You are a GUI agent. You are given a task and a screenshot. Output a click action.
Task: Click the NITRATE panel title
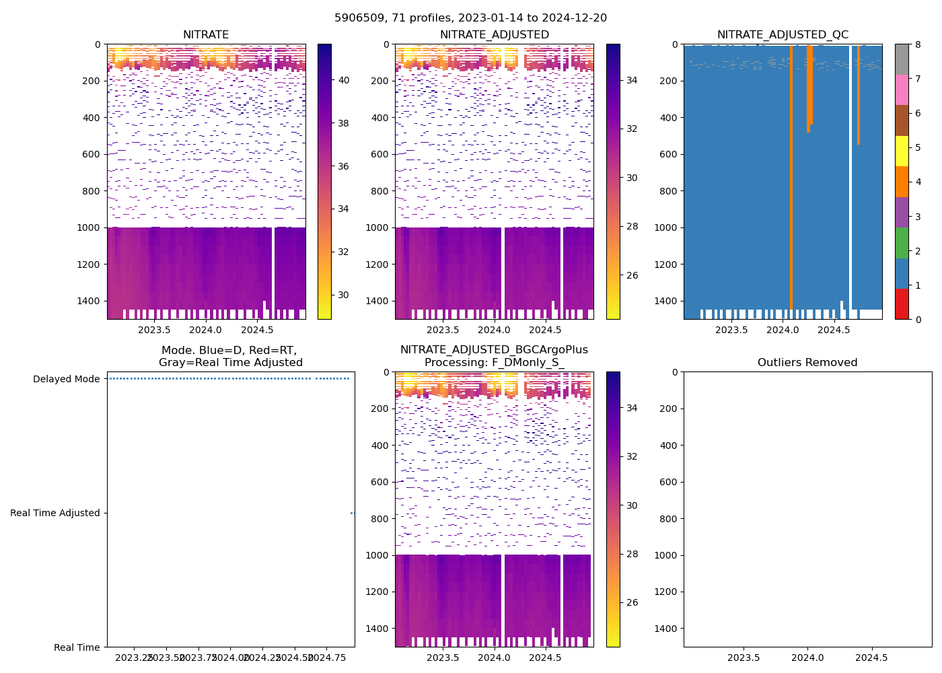pyautogui.click(x=206, y=35)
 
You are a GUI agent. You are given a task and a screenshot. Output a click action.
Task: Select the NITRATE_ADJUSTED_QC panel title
pyautogui.click(x=783, y=35)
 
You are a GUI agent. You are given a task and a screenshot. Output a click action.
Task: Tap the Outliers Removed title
pyautogui.click(x=807, y=363)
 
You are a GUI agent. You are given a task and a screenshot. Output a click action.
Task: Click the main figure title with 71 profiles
pyautogui.click(x=470, y=18)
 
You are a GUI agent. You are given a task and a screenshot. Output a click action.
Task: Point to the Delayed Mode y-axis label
pyautogui.click(x=66, y=379)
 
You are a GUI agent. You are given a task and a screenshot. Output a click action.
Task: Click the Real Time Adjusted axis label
pyautogui.click(x=55, y=513)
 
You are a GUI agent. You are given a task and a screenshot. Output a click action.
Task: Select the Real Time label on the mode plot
pyautogui.click(x=77, y=647)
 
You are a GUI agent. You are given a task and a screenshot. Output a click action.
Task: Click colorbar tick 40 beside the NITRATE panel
pyautogui.click(x=343, y=80)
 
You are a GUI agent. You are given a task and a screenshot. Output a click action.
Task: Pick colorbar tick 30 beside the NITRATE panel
pyautogui.click(x=343, y=295)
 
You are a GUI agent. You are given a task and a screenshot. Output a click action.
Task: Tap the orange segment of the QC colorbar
pyautogui.click(x=902, y=182)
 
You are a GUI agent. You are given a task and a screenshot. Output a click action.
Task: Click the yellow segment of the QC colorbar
pyautogui.click(x=902, y=151)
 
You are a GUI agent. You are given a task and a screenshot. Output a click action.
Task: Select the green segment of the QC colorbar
pyautogui.click(x=902, y=243)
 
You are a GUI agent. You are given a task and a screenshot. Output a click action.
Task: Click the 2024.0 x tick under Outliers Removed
pyautogui.click(x=807, y=658)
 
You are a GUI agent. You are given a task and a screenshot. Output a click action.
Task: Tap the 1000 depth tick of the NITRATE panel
pyautogui.click(x=92, y=227)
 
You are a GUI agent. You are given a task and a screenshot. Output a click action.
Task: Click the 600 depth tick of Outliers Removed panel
pyautogui.click(x=668, y=482)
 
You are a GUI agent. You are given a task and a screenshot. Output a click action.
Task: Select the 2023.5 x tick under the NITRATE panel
pyautogui.click(x=154, y=330)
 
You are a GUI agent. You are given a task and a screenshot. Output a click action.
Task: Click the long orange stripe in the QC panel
pyautogui.click(x=791, y=175)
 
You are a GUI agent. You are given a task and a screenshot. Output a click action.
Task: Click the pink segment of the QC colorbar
pyautogui.click(x=902, y=90)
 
